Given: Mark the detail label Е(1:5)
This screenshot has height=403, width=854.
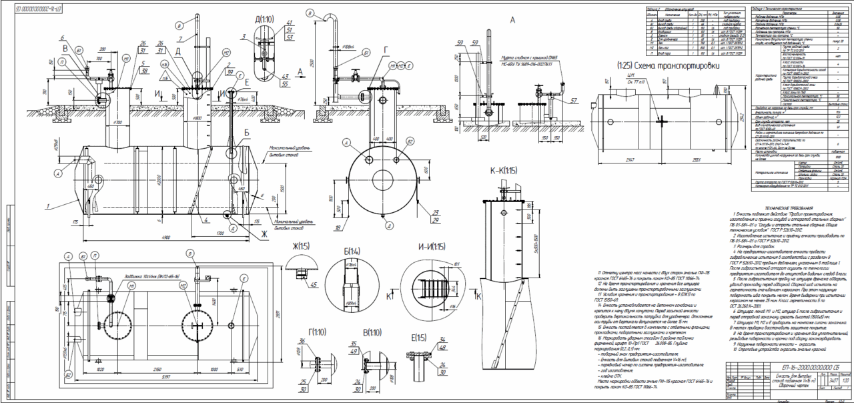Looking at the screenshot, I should pyautogui.click(x=418, y=337).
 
